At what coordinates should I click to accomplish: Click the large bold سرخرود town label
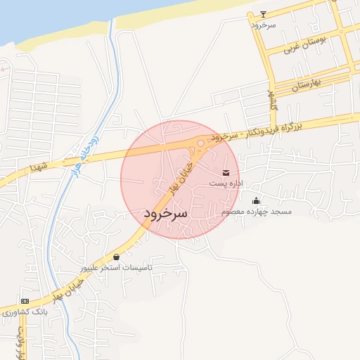click(x=166, y=212)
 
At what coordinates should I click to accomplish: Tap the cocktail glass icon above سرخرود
click(x=264, y=13)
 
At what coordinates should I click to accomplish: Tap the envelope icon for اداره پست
click(x=225, y=172)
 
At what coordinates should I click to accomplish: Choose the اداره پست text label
click(x=225, y=183)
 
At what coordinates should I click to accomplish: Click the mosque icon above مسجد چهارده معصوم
click(x=255, y=200)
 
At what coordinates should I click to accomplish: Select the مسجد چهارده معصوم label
click(x=256, y=211)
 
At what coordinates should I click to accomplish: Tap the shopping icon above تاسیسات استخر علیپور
click(x=116, y=257)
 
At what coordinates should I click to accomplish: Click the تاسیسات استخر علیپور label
click(x=117, y=268)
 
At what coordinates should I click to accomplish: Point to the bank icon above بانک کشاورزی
click(x=25, y=301)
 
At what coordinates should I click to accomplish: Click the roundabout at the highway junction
click(x=200, y=143)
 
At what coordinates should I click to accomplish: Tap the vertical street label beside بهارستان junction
click(x=271, y=101)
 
